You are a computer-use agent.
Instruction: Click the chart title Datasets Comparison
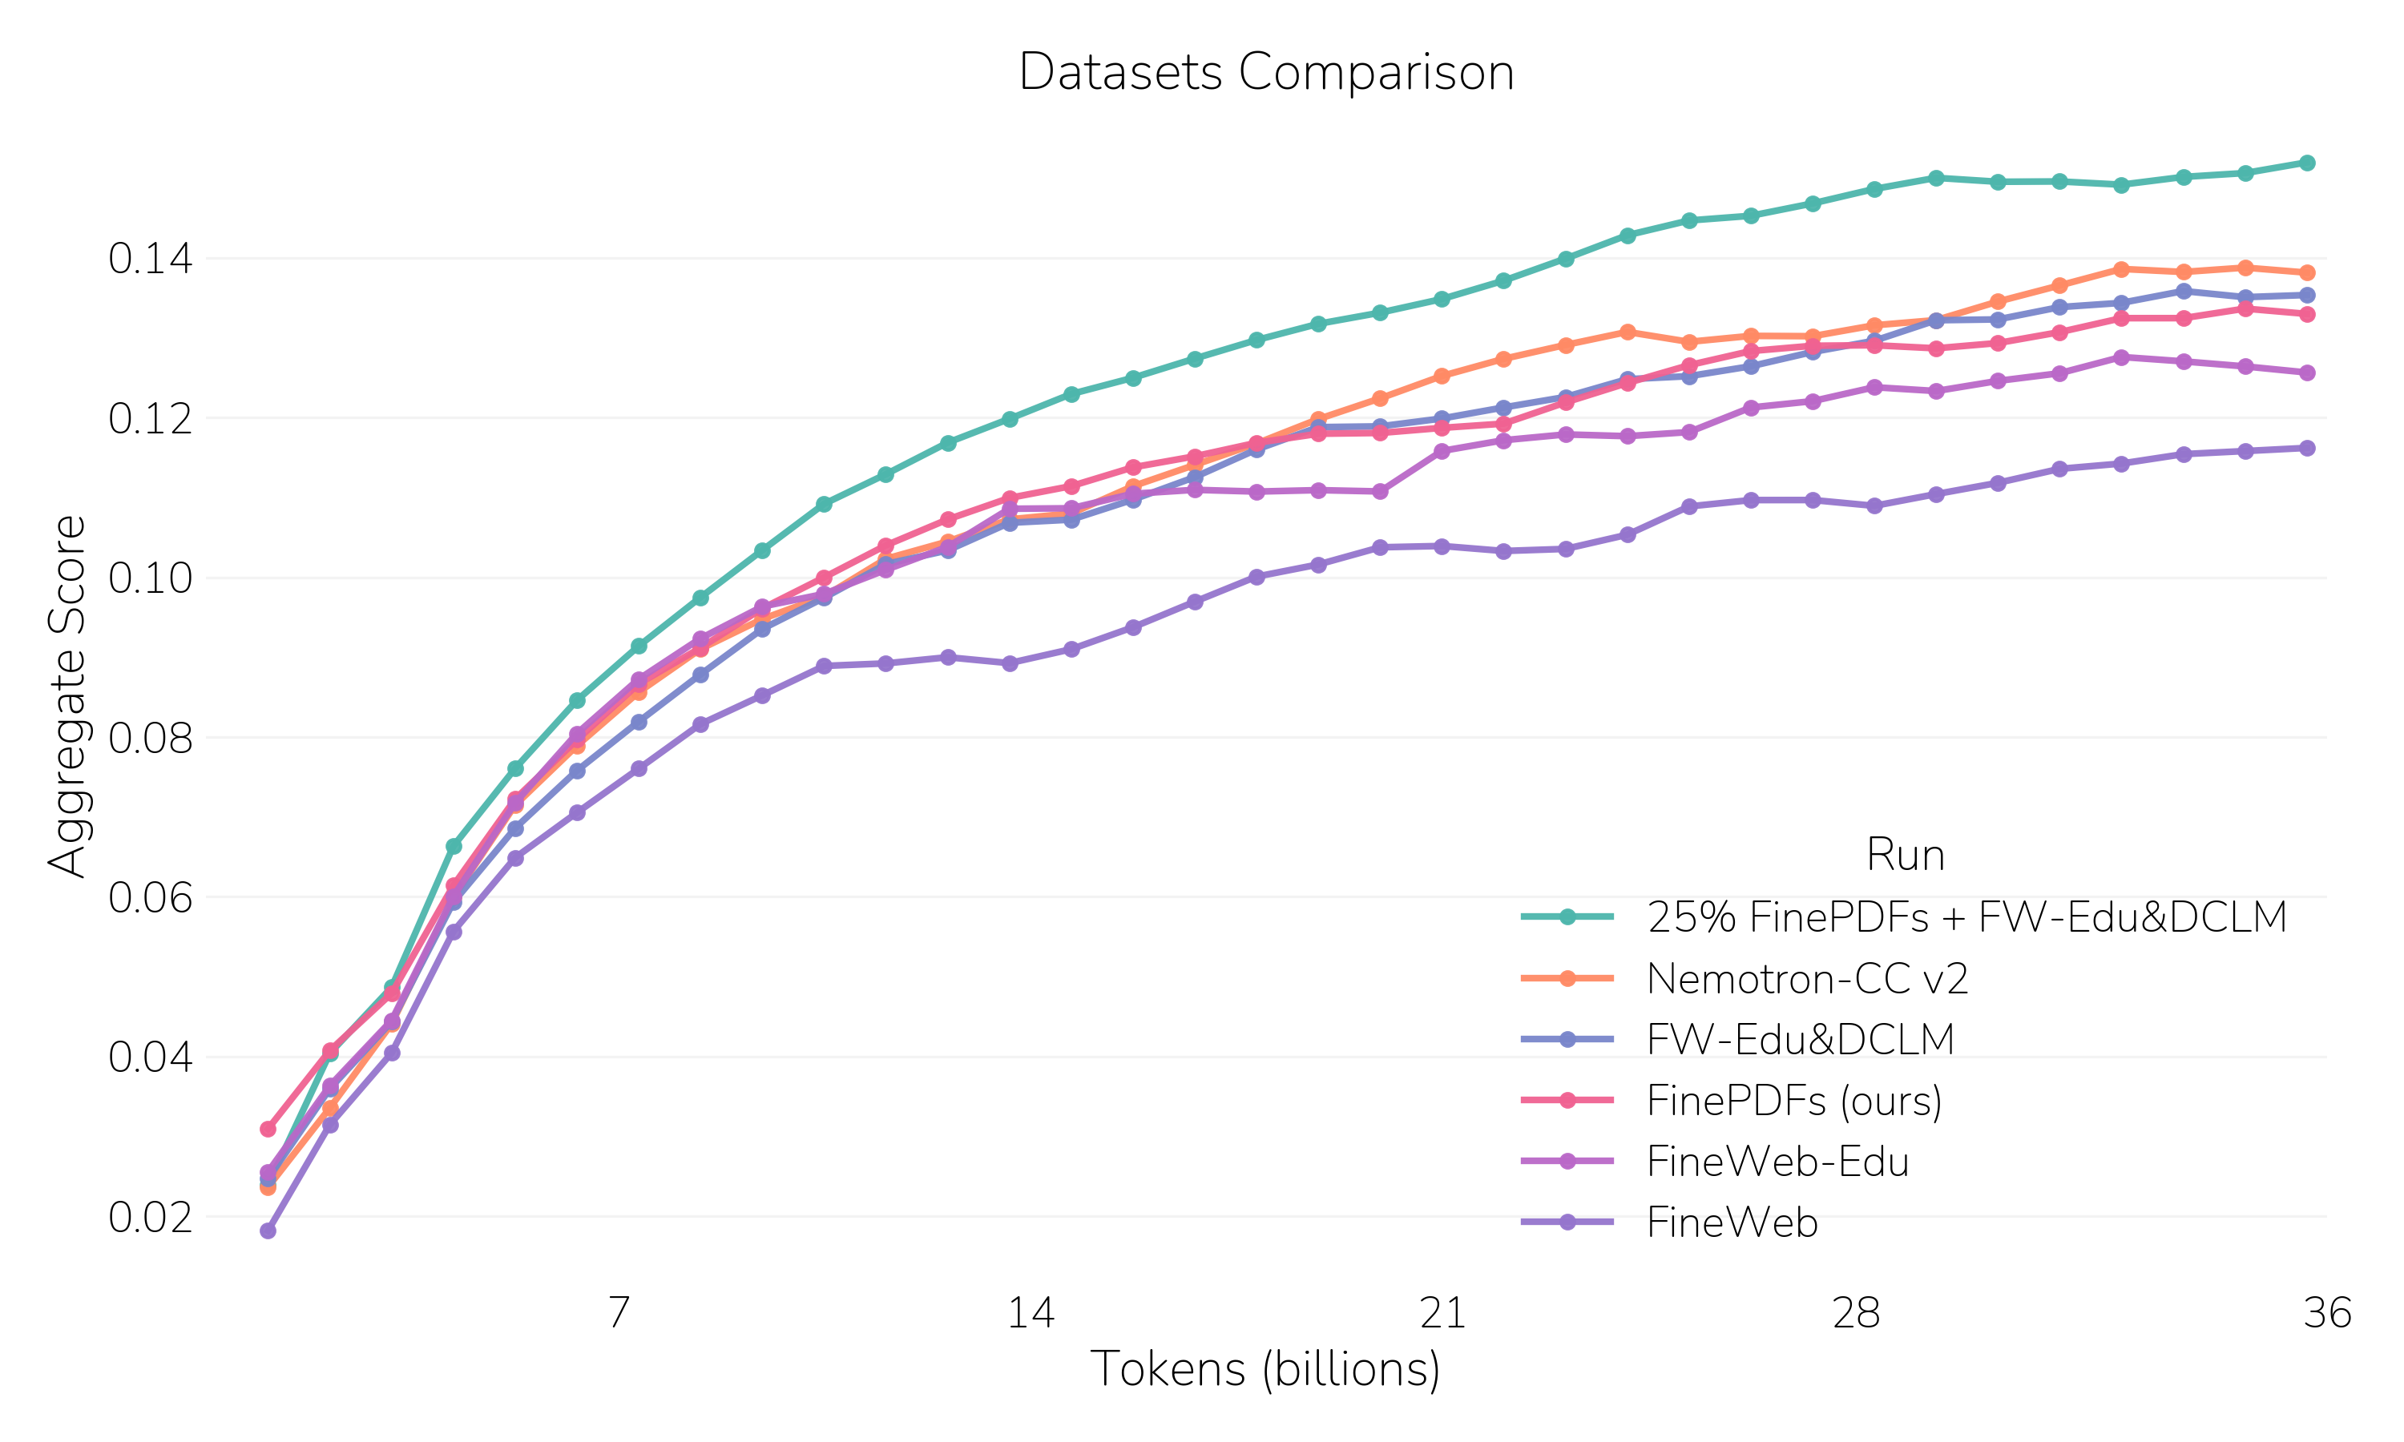tap(1265, 73)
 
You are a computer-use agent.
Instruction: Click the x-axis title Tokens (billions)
tap(1265, 1369)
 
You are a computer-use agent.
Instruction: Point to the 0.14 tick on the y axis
tap(151, 260)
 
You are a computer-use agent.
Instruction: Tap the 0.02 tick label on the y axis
tap(151, 1218)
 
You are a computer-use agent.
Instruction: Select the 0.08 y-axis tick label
tap(151, 739)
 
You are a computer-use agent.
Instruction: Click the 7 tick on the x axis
tap(619, 1313)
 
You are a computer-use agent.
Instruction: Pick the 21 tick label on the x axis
tap(1443, 1313)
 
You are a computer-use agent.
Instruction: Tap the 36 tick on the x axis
tap(2327, 1313)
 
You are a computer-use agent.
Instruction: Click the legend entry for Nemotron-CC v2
tap(1807, 978)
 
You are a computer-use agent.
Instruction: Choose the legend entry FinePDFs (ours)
tap(1793, 1101)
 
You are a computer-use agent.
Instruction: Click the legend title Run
tap(1905, 855)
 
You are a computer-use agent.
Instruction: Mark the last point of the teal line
tap(2307, 163)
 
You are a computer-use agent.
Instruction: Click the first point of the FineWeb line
tap(268, 1231)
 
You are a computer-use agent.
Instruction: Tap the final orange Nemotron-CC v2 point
tap(2307, 273)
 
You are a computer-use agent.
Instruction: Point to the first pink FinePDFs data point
tap(268, 1129)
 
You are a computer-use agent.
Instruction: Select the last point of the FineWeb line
tap(2307, 448)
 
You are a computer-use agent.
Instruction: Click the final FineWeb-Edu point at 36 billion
tap(2307, 373)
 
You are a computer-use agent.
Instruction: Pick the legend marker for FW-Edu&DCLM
tap(1567, 1040)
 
